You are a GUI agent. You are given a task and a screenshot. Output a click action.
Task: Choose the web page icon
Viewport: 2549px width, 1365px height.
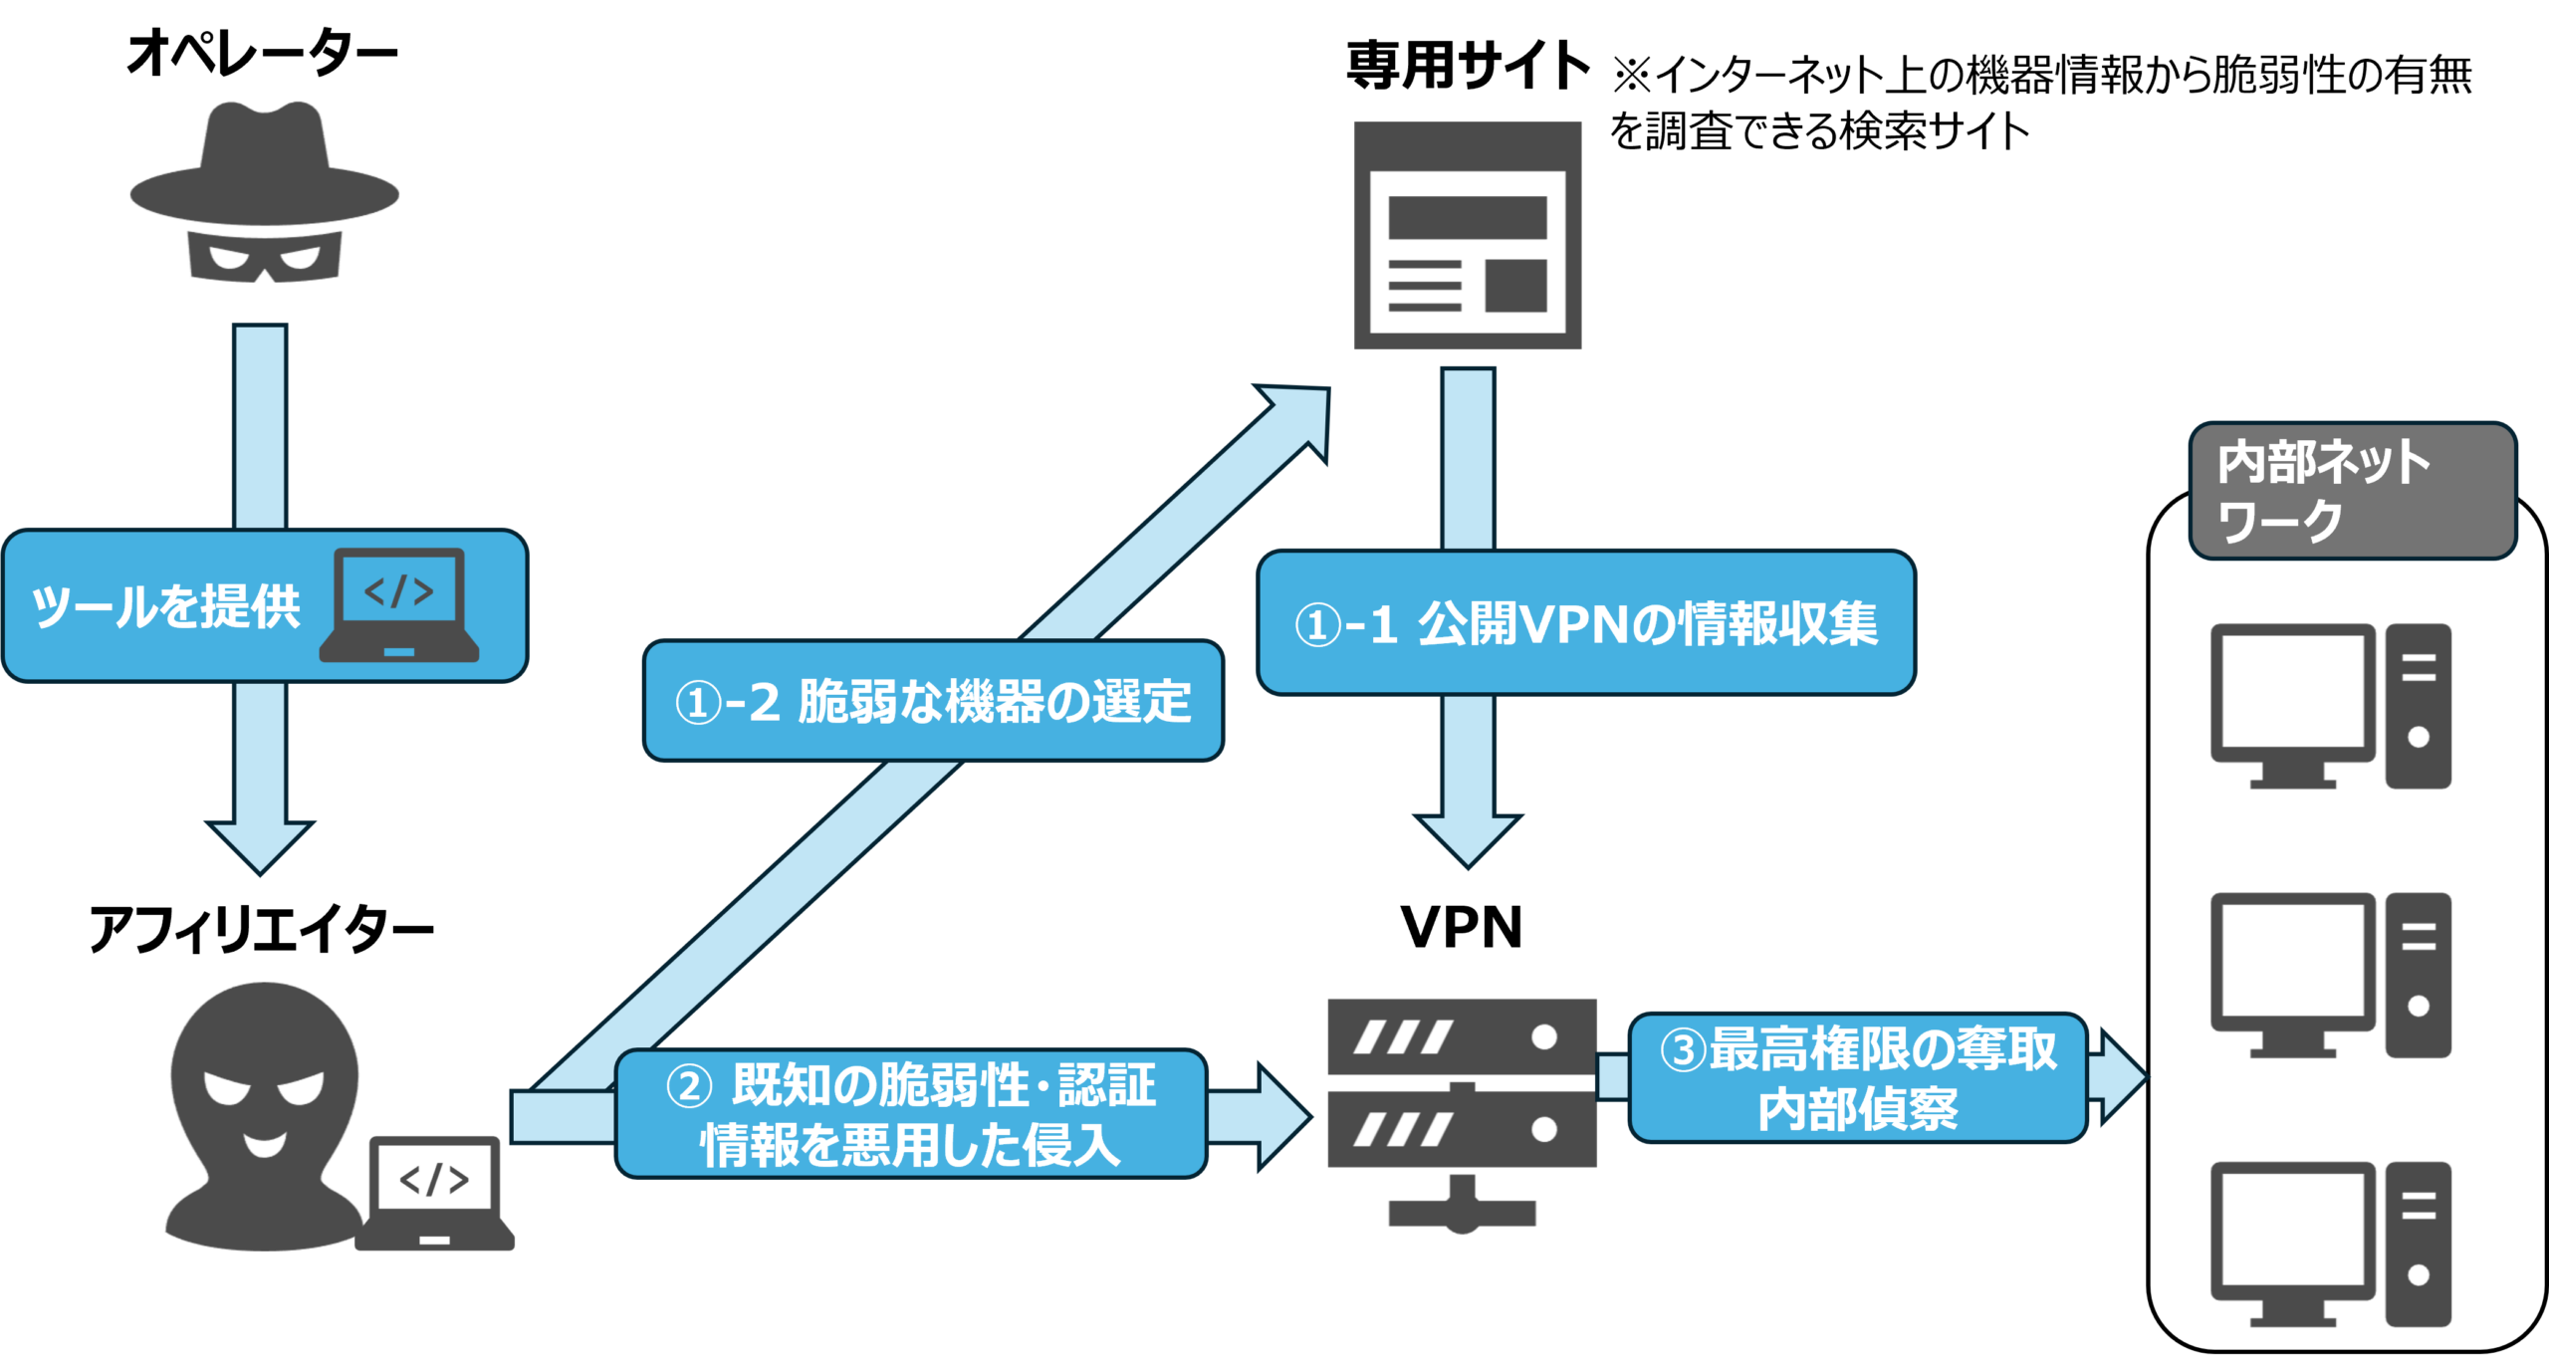point(1467,235)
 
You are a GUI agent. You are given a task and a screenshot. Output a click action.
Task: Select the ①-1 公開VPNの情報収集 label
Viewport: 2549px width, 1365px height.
point(1585,623)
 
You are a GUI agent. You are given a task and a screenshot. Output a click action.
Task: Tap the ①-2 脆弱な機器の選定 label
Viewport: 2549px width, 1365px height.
point(933,701)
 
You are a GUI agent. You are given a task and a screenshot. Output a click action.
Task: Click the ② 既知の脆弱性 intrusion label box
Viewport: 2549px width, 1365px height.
point(911,1114)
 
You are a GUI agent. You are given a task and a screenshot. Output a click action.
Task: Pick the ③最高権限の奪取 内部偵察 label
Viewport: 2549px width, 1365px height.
point(1857,1078)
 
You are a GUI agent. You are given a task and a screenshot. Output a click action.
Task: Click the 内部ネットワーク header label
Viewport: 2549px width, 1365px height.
point(2352,491)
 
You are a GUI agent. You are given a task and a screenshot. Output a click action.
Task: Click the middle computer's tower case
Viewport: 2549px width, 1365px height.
point(2418,975)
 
